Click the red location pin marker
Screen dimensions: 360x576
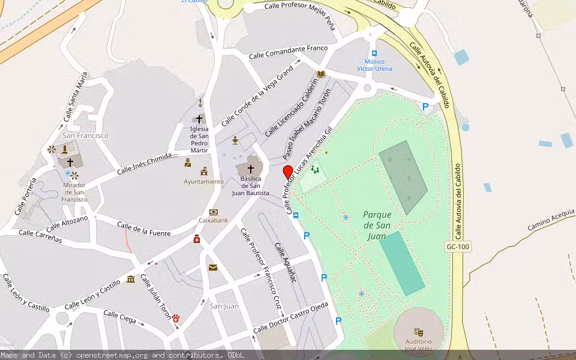[x=288, y=172]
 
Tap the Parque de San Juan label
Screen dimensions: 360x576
[x=376, y=225]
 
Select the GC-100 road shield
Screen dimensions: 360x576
[x=458, y=247]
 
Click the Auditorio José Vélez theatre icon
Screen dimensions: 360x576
[x=418, y=331]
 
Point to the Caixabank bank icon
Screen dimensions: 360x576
[x=214, y=212]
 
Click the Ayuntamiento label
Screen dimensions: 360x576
[x=203, y=181]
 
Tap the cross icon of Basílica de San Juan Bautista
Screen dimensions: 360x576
[x=250, y=169]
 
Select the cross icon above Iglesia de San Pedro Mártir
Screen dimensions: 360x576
[x=199, y=119]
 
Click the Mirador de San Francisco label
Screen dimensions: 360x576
[x=74, y=192]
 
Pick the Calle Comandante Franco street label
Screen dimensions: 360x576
[x=289, y=52]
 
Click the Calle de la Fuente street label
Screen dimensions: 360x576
[x=143, y=229]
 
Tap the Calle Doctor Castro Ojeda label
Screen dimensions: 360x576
[x=291, y=318]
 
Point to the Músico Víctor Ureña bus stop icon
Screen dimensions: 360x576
[x=374, y=53]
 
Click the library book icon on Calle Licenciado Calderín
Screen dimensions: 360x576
[x=321, y=74]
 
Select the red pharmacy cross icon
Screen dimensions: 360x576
[x=197, y=239]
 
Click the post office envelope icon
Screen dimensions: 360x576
[x=213, y=268]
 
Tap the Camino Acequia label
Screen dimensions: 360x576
[x=551, y=220]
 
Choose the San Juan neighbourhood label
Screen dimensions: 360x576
[x=224, y=306]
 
